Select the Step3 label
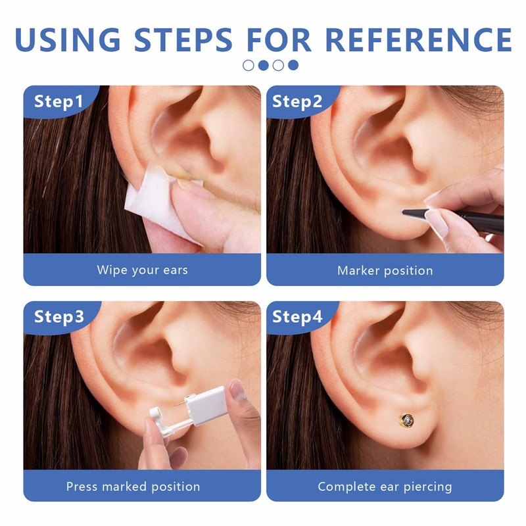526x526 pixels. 59,317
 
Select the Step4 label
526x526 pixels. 297,317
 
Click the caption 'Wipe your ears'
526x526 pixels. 142,270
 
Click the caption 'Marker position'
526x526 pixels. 385,270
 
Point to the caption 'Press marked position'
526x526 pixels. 133,487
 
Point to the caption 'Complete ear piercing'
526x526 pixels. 385,487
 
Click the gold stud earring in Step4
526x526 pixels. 408,418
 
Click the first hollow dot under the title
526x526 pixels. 249,65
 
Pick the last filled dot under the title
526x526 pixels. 293,65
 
